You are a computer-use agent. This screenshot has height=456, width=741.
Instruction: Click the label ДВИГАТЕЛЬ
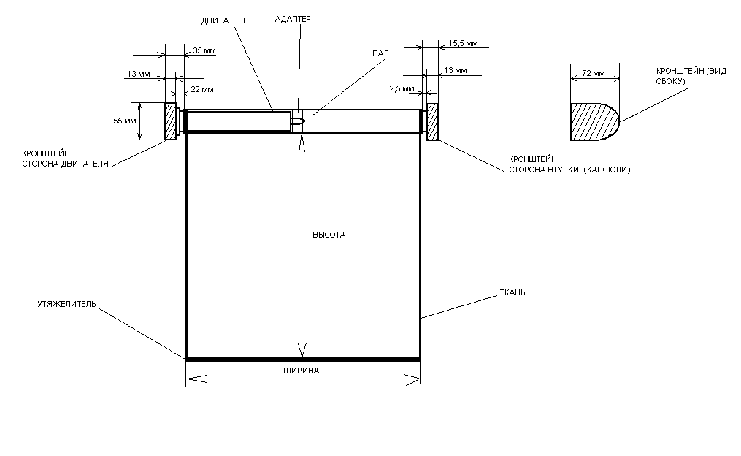pos(224,21)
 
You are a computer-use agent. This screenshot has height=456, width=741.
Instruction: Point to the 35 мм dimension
pos(204,51)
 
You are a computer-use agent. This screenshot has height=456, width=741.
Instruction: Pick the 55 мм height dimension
pos(125,121)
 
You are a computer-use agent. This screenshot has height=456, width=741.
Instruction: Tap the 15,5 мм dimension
pos(464,44)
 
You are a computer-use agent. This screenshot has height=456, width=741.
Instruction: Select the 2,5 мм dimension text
pos(401,89)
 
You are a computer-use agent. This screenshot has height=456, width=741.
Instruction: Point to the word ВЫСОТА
pos(329,235)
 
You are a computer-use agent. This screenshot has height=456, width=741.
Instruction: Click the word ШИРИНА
pos(301,370)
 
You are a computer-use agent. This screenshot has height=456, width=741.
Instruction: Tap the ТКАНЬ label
pos(512,292)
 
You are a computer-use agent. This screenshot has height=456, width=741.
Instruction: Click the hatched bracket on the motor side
pos(171,121)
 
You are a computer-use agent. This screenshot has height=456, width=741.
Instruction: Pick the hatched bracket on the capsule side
pos(432,121)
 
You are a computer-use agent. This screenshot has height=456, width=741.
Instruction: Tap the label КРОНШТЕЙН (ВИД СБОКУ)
pos(681,75)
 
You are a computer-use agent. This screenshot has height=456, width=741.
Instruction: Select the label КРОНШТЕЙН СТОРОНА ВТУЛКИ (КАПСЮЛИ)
pos(569,164)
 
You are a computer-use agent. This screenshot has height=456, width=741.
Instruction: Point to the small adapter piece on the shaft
pos(297,121)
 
